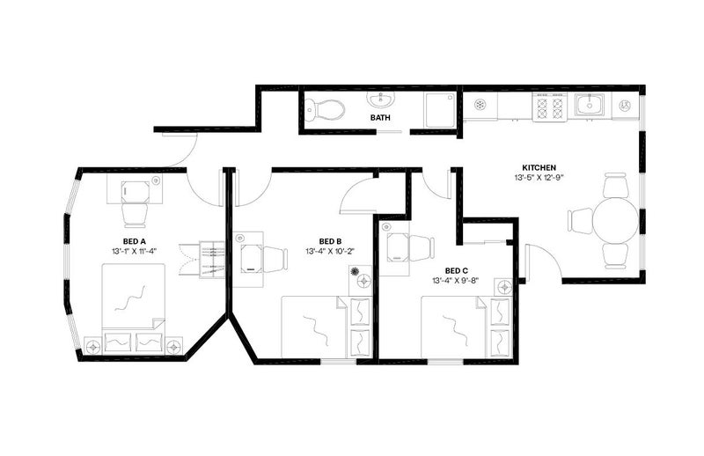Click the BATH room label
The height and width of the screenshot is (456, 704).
pyautogui.click(x=380, y=118)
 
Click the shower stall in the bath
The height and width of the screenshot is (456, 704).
pyautogui.click(x=439, y=110)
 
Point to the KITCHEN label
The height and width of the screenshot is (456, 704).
pyautogui.click(x=539, y=167)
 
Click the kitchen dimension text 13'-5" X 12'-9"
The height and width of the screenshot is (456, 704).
pyautogui.click(x=539, y=178)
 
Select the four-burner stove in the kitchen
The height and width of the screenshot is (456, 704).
pyautogui.click(x=550, y=107)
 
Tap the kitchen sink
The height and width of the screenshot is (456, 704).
pyautogui.click(x=590, y=105)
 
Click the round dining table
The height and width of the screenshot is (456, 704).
pyautogui.click(x=615, y=221)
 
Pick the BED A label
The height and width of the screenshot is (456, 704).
pyautogui.click(x=135, y=241)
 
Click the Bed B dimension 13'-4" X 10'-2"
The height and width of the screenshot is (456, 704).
pyautogui.click(x=330, y=251)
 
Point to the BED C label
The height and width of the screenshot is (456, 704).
pyautogui.click(x=456, y=271)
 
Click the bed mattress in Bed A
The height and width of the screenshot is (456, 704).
pyautogui.click(x=134, y=297)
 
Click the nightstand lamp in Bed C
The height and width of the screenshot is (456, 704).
pyautogui.click(x=503, y=286)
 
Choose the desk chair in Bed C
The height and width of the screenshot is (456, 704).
pyautogui.click(x=421, y=248)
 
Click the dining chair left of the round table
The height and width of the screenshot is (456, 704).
pyautogui.click(x=581, y=221)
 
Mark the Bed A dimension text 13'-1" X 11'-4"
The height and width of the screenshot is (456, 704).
pyautogui.click(x=135, y=251)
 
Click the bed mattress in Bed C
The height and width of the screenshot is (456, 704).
pyautogui.click(x=453, y=327)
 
